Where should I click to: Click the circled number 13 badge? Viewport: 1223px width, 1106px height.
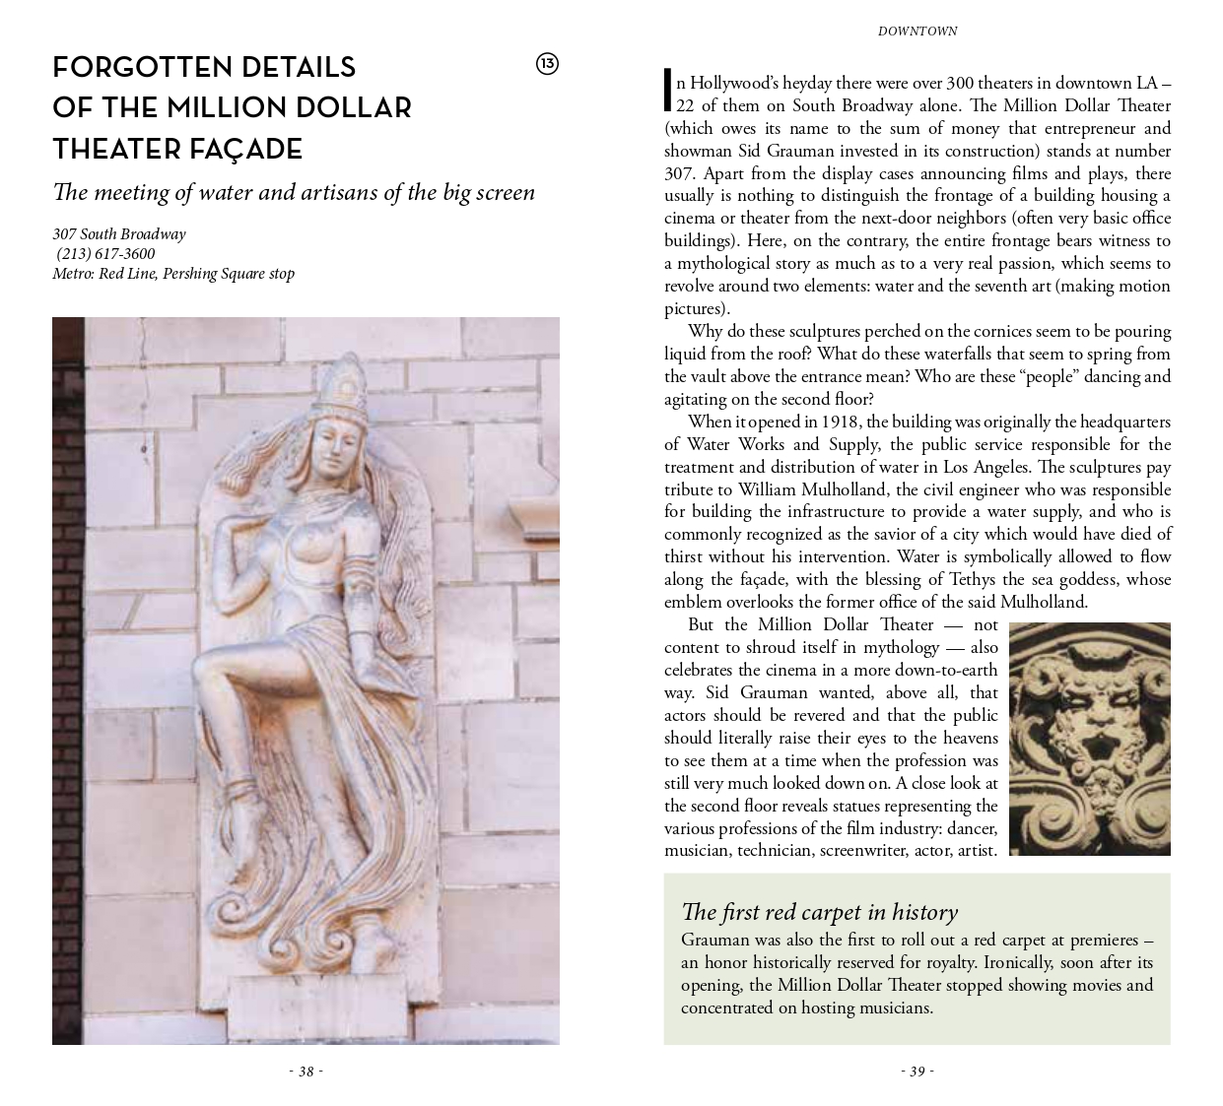547,64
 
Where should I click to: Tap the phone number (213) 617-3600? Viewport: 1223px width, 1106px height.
105,254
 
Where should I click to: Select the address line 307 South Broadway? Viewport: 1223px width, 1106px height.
118,234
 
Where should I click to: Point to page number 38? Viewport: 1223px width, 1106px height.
306,1072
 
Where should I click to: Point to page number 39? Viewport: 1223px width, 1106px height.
917,1072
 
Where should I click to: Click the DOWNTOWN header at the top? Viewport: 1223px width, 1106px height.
917,32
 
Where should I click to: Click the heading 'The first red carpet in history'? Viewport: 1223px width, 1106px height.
819,912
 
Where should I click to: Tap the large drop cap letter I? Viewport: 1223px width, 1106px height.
668,91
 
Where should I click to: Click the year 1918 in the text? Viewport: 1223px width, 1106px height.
840,422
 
